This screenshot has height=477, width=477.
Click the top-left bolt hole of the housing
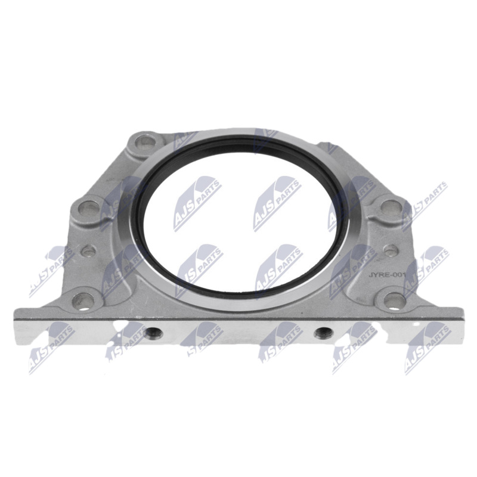[145, 141]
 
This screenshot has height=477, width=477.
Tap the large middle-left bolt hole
[88, 208]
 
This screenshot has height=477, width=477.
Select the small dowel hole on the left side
[89, 250]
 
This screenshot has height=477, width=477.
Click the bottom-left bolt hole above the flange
[83, 301]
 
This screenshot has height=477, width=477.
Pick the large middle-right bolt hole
[391, 207]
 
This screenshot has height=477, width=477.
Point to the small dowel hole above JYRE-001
[391, 250]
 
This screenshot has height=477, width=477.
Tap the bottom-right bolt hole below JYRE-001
[395, 301]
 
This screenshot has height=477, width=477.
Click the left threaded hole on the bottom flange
[153, 334]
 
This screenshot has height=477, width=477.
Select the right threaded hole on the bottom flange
[324, 333]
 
